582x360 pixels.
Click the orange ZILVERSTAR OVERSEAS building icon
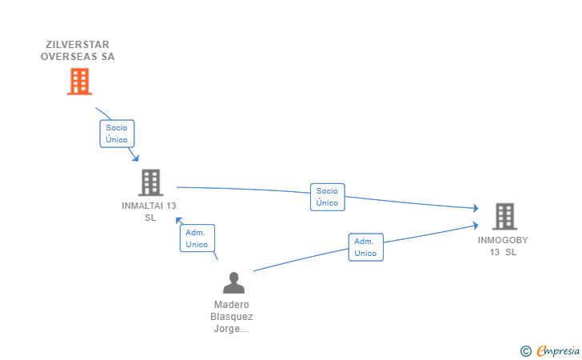(x=79, y=82)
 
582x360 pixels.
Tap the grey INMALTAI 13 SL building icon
(x=150, y=182)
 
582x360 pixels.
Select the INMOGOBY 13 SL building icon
(x=504, y=216)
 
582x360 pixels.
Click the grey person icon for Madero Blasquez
(x=233, y=282)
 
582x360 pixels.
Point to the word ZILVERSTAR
(x=78, y=45)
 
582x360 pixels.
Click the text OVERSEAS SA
(x=78, y=57)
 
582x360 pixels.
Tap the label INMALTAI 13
(x=149, y=206)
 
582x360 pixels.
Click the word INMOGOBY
(x=503, y=240)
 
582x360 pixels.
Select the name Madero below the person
(x=232, y=305)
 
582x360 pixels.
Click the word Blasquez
(x=232, y=317)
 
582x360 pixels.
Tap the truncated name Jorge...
(x=231, y=329)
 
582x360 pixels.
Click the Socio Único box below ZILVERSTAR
(x=117, y=134)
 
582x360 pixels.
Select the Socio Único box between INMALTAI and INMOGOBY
(x=328, y=197)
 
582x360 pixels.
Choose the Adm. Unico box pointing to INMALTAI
(x=197, y=238)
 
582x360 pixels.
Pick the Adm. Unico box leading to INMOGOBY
(x=365, y=247)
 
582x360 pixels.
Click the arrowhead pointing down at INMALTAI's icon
(x=136, y=158)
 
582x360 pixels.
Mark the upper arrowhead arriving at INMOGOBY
(x=476, y=208)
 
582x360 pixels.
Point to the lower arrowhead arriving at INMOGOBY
(x=475, y=225)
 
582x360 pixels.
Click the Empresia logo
(x=558, y=350)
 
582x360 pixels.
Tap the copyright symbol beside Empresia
(x=525, y=351)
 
